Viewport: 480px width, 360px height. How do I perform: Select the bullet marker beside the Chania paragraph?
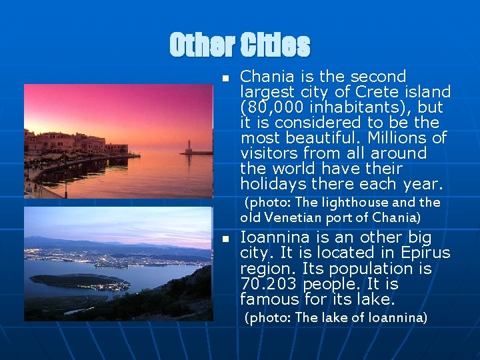226,78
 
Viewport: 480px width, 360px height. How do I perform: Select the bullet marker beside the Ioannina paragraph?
226,239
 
